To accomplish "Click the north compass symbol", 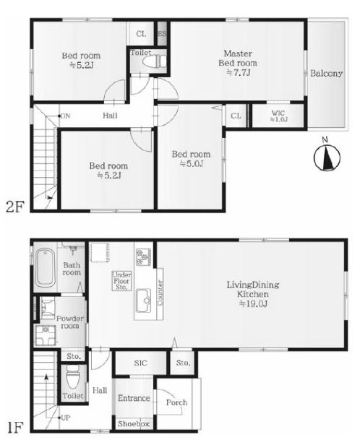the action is point(327,157).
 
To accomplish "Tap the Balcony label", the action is point(326,74).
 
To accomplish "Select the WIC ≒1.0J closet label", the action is point(278,116).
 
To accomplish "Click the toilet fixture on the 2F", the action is point(155,61).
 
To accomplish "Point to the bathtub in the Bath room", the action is point(46,267).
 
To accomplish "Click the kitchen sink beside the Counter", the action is point(144,301).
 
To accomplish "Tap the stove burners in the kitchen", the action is point(144,257).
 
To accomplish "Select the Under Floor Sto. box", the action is point(121,281).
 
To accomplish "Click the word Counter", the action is point(160,293).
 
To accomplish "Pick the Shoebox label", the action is point(134,424).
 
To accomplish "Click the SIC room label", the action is point(140,363).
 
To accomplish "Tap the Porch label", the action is point(176,402).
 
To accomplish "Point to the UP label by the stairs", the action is point(66,418).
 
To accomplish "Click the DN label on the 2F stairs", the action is point(65,116).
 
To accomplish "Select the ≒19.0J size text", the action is point(253,304).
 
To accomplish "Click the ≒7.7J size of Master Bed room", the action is point(239,73).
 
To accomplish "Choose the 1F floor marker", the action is point(14,428).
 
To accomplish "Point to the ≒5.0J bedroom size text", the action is point(191,164).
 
